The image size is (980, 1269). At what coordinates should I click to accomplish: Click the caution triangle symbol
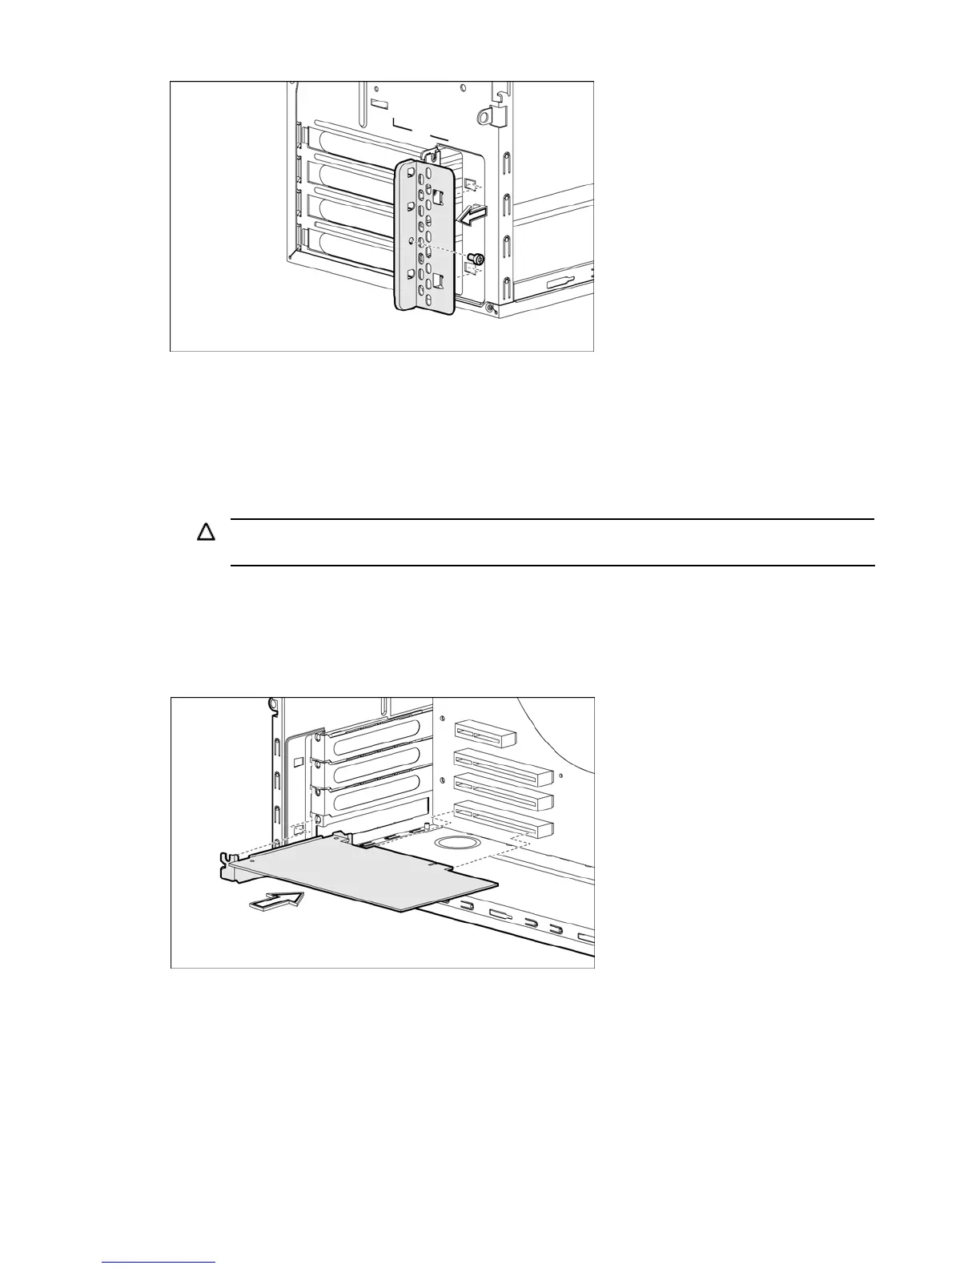207,533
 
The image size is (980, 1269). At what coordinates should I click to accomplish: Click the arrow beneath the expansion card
277,900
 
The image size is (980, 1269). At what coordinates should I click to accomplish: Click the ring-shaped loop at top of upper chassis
483,117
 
